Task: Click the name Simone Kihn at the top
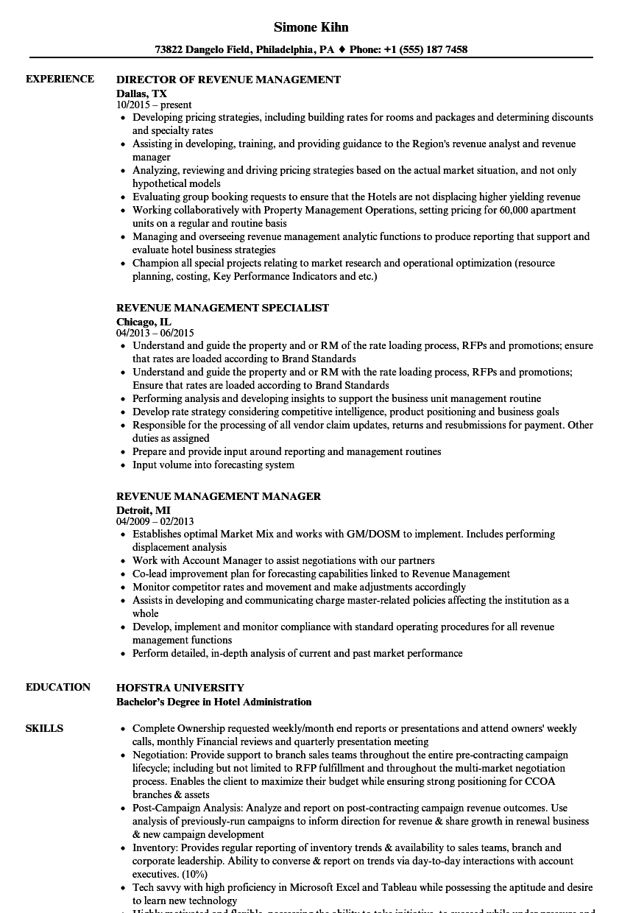tap(311, 27)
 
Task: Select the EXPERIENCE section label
tap(60, 79)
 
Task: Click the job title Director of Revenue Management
tap(228, 80)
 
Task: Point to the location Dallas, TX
tap(141, 94)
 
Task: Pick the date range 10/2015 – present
tap(154, 105)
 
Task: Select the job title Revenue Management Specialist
tap(222, 308)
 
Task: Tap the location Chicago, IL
tap(144, 322)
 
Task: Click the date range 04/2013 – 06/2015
tap(155, 333)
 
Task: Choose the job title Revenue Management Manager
tap(218, 496)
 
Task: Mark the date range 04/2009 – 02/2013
tap(155, 521)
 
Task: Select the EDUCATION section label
tap(58, 687)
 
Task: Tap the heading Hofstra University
tap(180, 688)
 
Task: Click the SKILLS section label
tap(44, 728)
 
